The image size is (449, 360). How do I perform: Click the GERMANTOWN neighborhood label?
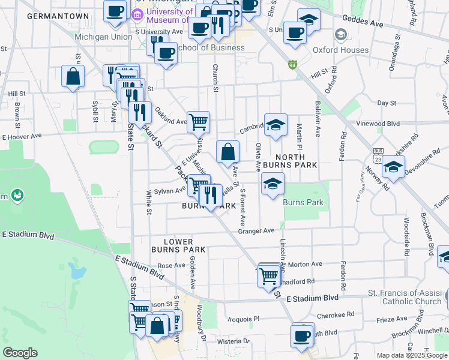click(x=58, y=16)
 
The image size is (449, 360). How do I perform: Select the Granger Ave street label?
click(x=256, y=230)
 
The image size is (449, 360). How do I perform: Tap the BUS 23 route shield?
click(x=378, y=155)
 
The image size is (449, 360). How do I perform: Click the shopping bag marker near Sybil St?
click(x=73, y=77)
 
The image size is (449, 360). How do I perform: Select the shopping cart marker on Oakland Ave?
click(x=198, y=122)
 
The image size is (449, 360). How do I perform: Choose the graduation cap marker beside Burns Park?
click(x=273, y=184)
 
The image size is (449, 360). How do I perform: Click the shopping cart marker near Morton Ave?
click(x=268, y=276)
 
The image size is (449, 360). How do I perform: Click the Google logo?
click(x=20, y=353)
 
